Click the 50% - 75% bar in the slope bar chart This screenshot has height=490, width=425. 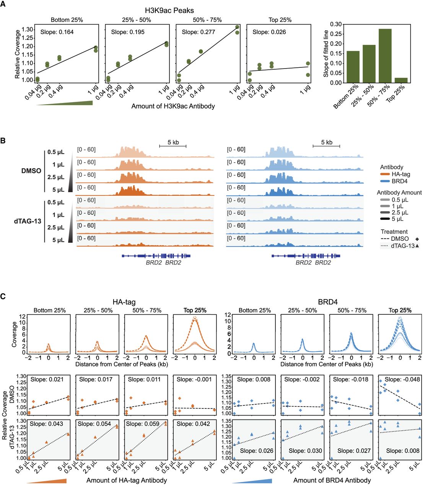pyautogui.click(x=385, y=56)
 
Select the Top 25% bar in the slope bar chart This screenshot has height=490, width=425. pyautogui.click(x=401, y=80)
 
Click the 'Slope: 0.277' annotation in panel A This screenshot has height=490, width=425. pyautogui.click(x=198, y=32)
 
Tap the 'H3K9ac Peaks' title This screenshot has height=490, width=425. pyautogui.click(x=169, y=10)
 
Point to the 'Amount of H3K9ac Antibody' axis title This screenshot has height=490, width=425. pyautogui.click(x=173, y=106)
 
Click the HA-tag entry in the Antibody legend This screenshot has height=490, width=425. pyautogui.click(x=395, y=174)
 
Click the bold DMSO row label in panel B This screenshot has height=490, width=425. pyautogui.click(x=31, y=171)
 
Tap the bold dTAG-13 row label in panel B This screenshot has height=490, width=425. pyautogui.click(x=28, y=221)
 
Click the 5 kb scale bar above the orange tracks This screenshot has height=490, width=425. pyautogui.click(x=173, y=146)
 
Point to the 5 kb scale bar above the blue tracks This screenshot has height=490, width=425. pyautogui.click(x=326, y=146)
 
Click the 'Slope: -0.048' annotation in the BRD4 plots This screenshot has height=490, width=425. pyautogui.click(x=402, y=379)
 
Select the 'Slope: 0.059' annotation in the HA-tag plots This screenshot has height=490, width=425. pyautogui.click(x=143, y=424)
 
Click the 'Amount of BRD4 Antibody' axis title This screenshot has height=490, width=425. pyautogui.click(x=332, y=480)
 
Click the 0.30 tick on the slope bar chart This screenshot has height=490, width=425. pyautogui.click(x=336, y=24)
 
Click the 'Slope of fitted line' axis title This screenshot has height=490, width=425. pyautogui.click(x=326, y=54)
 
